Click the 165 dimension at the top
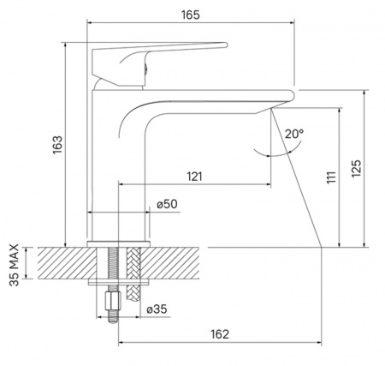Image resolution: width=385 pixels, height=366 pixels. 191,15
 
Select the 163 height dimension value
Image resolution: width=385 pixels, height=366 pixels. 57,145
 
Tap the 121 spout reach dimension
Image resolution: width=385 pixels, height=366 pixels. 194,177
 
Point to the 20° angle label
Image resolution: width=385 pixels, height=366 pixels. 294,134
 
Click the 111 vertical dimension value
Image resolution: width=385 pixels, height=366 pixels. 331,177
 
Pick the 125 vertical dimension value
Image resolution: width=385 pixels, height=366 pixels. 356,168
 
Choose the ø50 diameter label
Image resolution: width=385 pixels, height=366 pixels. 167,204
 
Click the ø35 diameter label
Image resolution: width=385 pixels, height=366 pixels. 157,309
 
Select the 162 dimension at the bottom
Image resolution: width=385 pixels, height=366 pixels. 220,333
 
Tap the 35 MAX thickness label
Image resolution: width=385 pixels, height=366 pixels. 14,265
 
